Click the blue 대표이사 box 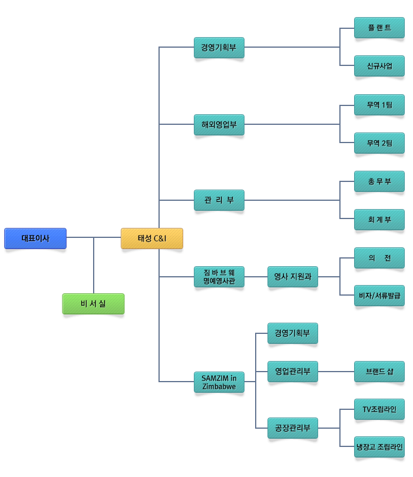pyautogui.click(x=35, y=238)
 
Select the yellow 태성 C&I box pyautogui.click(x=152, y=238)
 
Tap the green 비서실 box pyautogui.click(x=93, y=304)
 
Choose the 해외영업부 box pyautogui.click(x=219, y=125)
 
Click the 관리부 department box pyautogui.click(x=219, y=200)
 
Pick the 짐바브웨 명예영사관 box pyautogui.click(x=219, y=277)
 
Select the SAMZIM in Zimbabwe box pyautogui.click(x=219, y=382)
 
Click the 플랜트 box pyautogui.click(x=379, y=28)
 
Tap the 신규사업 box pyautogui.click(x=379, y=66)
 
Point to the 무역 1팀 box pyautogui.click(x=379, y=105)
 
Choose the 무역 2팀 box pyautogui.click(x=379, y=143)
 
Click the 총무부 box pyautogui.click(x=379, y=181)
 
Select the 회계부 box pyautogui.click(x=379, y=220)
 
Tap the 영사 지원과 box pyautogui.click(x=293, y=277)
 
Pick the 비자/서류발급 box pyautogui.click(x=379, y=296)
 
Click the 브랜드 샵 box pyautogui.click(x=379, y=372)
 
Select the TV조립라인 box pyautogui.click(x=379, y=409)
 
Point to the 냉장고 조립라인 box pyautogui.click(x=379, y=447)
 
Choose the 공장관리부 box pyautogui.click(x=293, y=428)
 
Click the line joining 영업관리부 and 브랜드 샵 pyautogui.click(x=336, y=372)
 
